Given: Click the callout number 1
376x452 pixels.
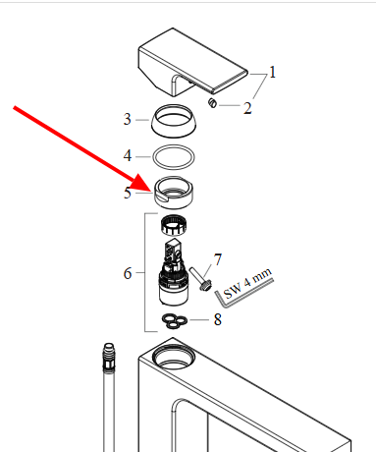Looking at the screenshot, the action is coord(273,72).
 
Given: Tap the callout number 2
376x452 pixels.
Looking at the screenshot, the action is coord(247,108).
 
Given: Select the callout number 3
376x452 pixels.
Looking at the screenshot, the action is coord(128,119).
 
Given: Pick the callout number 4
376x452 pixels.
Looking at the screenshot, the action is coord(128,155).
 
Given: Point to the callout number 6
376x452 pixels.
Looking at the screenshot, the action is coord(128,273).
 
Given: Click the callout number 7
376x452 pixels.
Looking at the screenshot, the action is coord(218,259).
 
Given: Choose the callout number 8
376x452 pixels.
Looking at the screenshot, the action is coord(218,319).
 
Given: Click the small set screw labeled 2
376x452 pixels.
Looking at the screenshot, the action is coord(212,103).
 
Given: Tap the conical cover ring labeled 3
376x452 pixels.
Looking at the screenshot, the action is coord(174,121).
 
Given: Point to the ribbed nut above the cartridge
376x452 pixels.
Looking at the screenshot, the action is coord(174,225).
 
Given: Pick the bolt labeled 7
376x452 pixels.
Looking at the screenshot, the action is coord(200,279).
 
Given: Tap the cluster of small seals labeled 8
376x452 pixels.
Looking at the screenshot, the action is coord(175,321).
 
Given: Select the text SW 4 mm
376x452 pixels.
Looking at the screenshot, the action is coord(247,283).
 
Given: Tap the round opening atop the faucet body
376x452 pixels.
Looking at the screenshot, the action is coord(174,356).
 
